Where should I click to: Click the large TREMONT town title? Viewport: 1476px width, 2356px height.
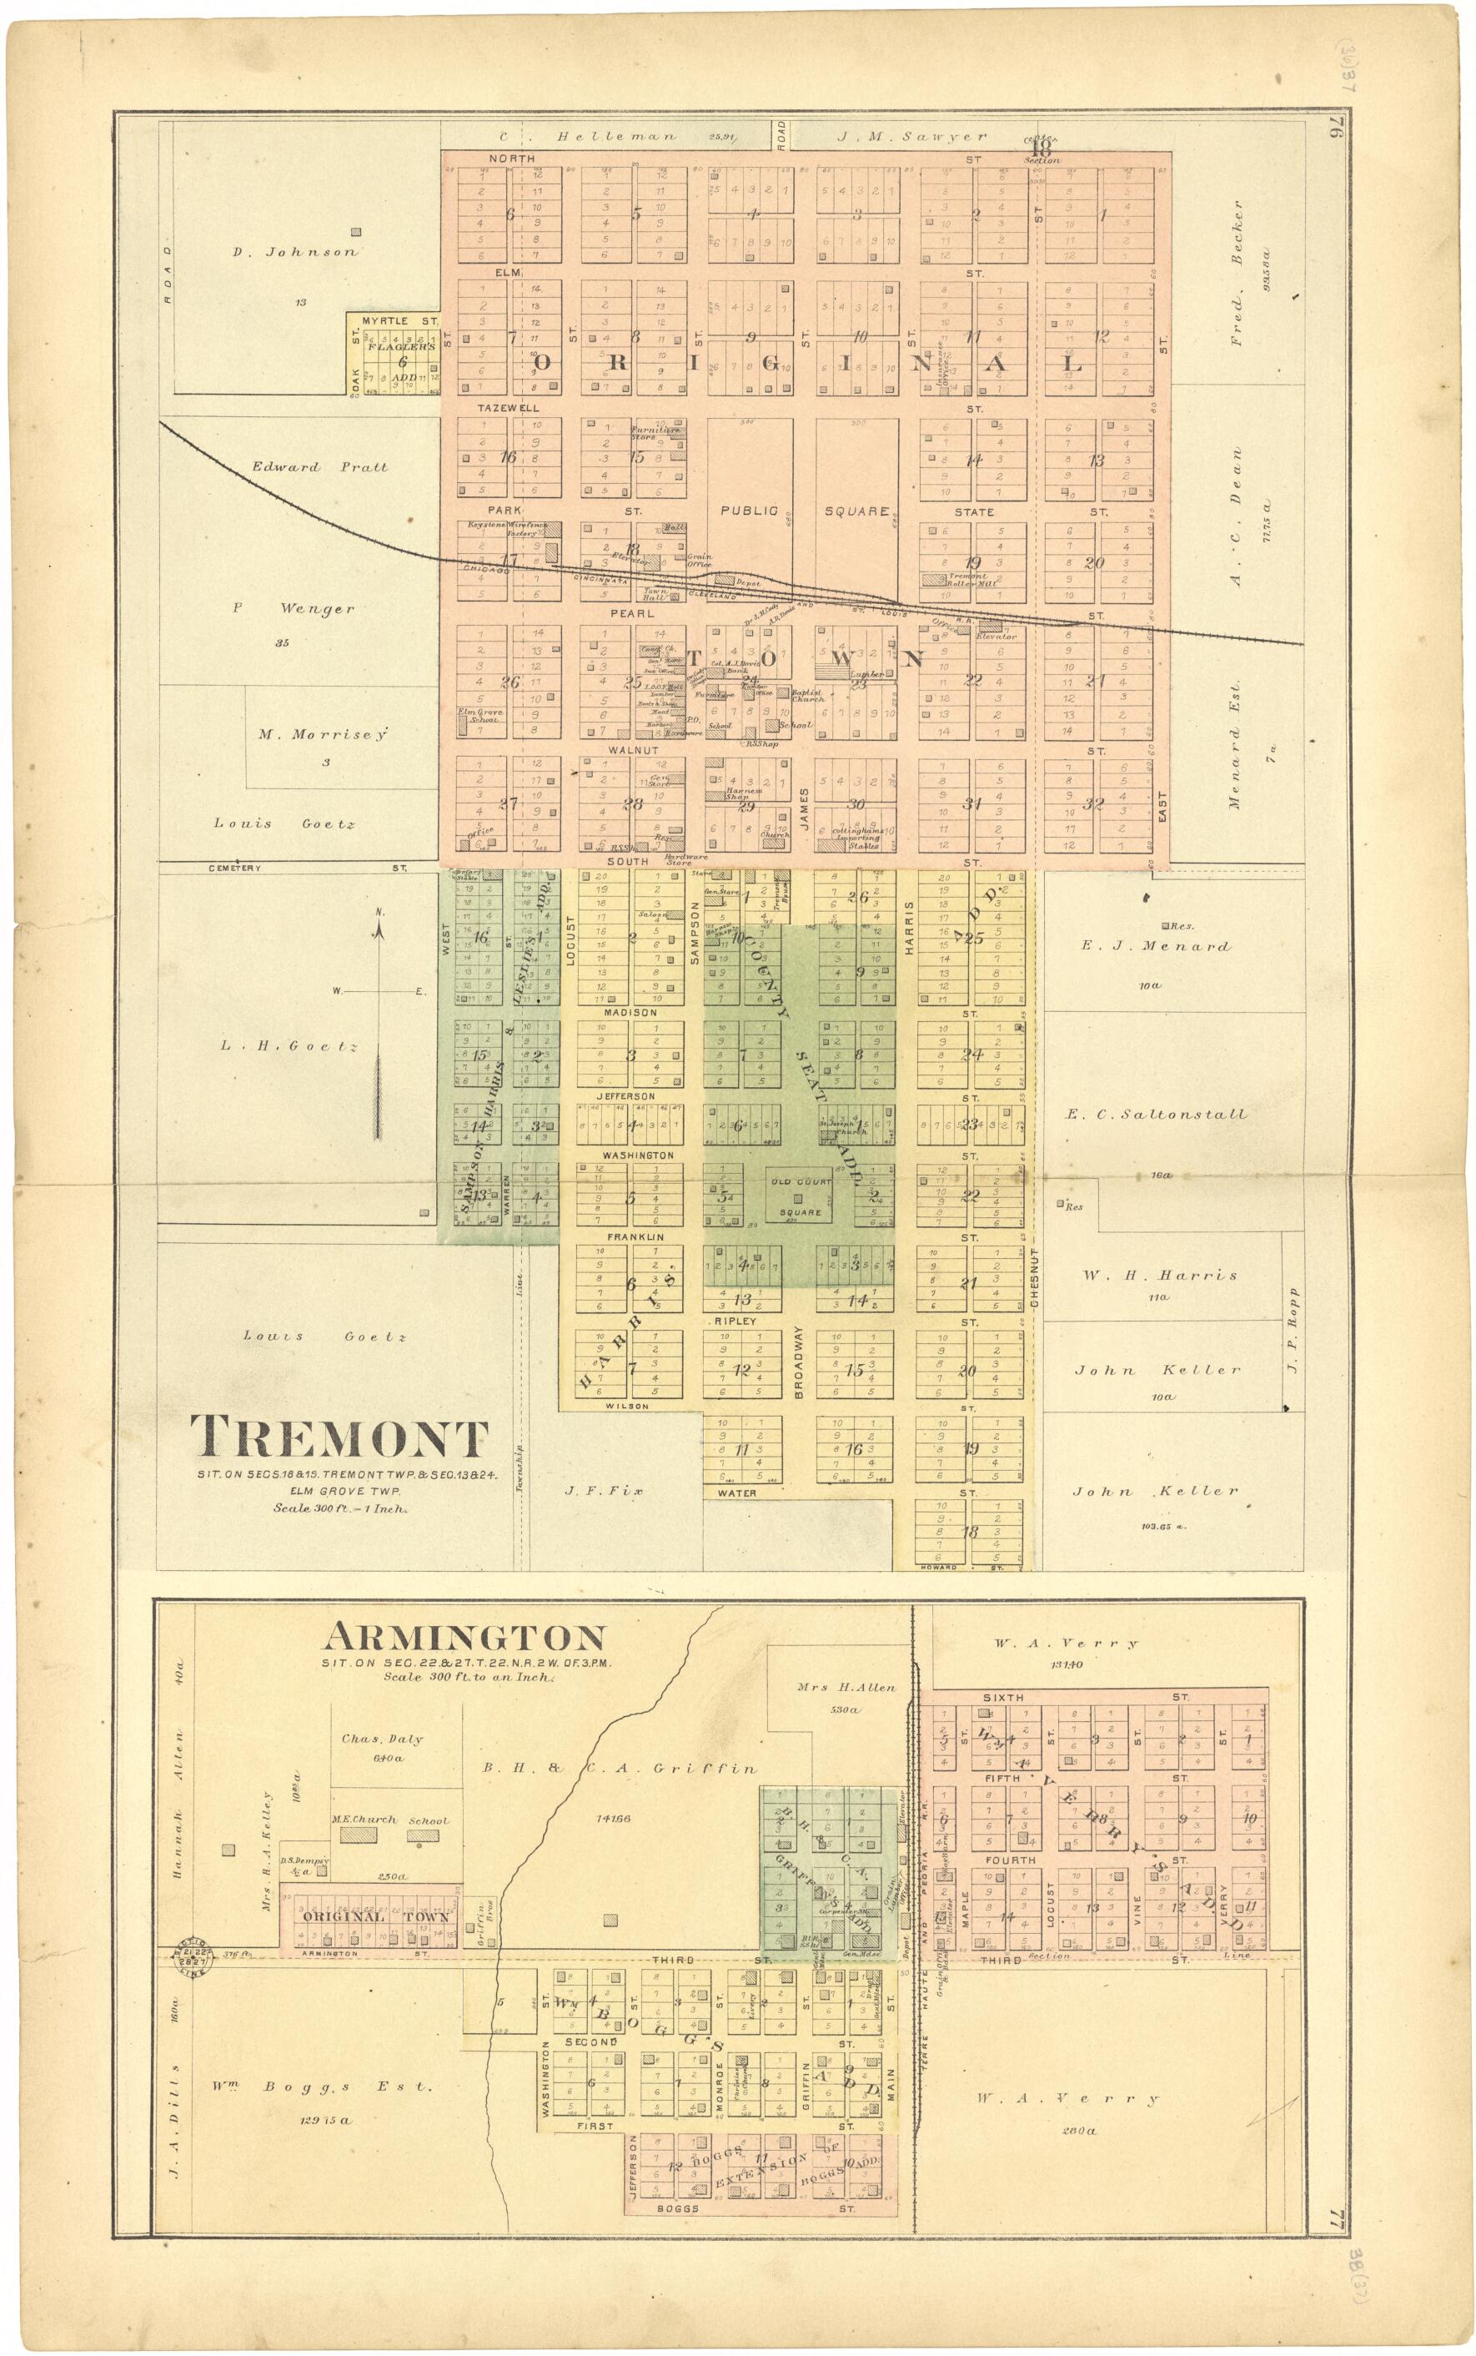339,1438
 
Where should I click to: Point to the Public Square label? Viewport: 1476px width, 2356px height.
803,511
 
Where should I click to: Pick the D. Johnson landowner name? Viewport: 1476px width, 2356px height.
294,252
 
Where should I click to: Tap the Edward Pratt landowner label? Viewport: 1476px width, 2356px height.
319,466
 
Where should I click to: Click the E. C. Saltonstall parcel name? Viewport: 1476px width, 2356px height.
1156,1114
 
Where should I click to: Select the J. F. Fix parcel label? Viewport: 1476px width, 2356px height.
603,1491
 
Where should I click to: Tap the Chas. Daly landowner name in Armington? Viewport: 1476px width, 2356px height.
382,1739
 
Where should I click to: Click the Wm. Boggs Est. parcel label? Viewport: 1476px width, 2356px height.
320,2087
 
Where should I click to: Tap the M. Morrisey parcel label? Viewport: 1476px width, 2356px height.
323,733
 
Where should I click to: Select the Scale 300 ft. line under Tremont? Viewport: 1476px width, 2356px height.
339,1508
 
